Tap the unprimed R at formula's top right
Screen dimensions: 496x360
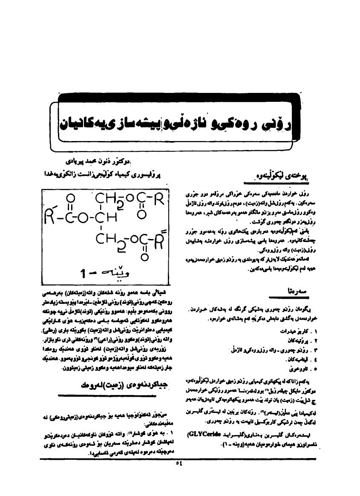point(157,199)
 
